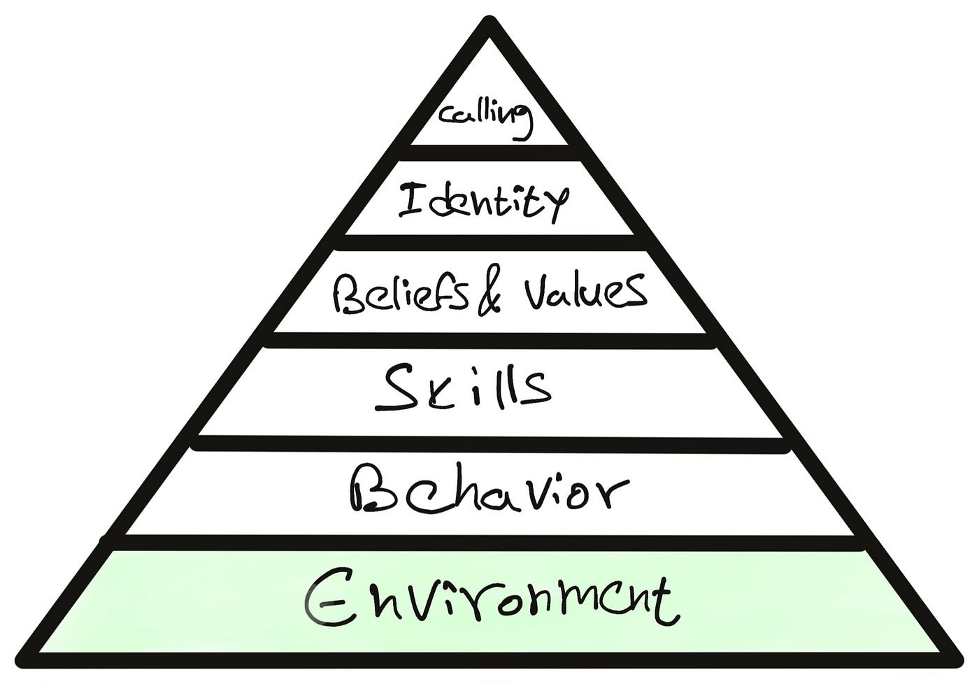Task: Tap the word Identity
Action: pos(483,201)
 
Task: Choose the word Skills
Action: pos(463,387)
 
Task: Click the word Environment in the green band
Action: pos(489,600)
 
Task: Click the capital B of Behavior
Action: pos(371,490)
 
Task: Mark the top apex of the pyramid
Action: pos(489,24)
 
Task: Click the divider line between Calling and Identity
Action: pos(494,152)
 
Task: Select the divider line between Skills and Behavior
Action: pos(489,443)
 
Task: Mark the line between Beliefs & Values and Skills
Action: pos(489,340)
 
